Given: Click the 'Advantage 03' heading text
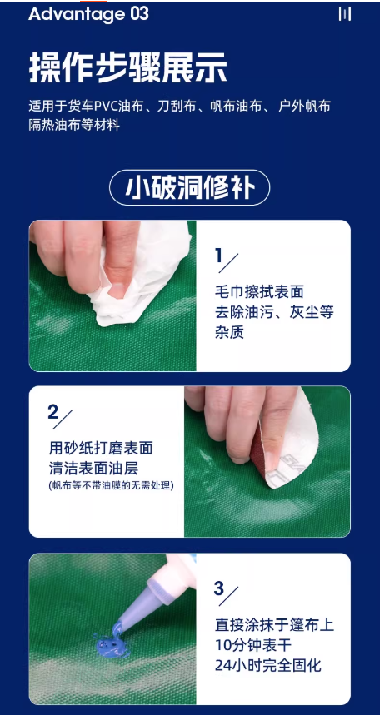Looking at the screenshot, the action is point(88,13).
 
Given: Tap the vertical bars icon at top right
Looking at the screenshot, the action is point(345,14).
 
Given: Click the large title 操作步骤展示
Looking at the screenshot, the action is point(127,67).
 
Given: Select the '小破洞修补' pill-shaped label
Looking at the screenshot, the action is point(189,187).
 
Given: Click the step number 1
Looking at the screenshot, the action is point(219,256).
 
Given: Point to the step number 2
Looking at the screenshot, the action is point(53,412).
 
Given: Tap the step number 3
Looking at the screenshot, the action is point(219,588).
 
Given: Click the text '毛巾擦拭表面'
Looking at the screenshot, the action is point(259,292).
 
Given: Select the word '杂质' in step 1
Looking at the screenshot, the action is point(229,332).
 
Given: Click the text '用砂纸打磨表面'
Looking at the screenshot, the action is point(101,449).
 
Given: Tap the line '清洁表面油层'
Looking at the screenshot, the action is point(93,469).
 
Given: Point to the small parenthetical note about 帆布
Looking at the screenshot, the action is point(111,485).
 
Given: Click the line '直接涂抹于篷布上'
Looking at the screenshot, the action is point(274,625).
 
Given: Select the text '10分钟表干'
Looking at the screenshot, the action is point(253,645).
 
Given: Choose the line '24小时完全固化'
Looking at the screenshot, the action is point(268,665).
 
